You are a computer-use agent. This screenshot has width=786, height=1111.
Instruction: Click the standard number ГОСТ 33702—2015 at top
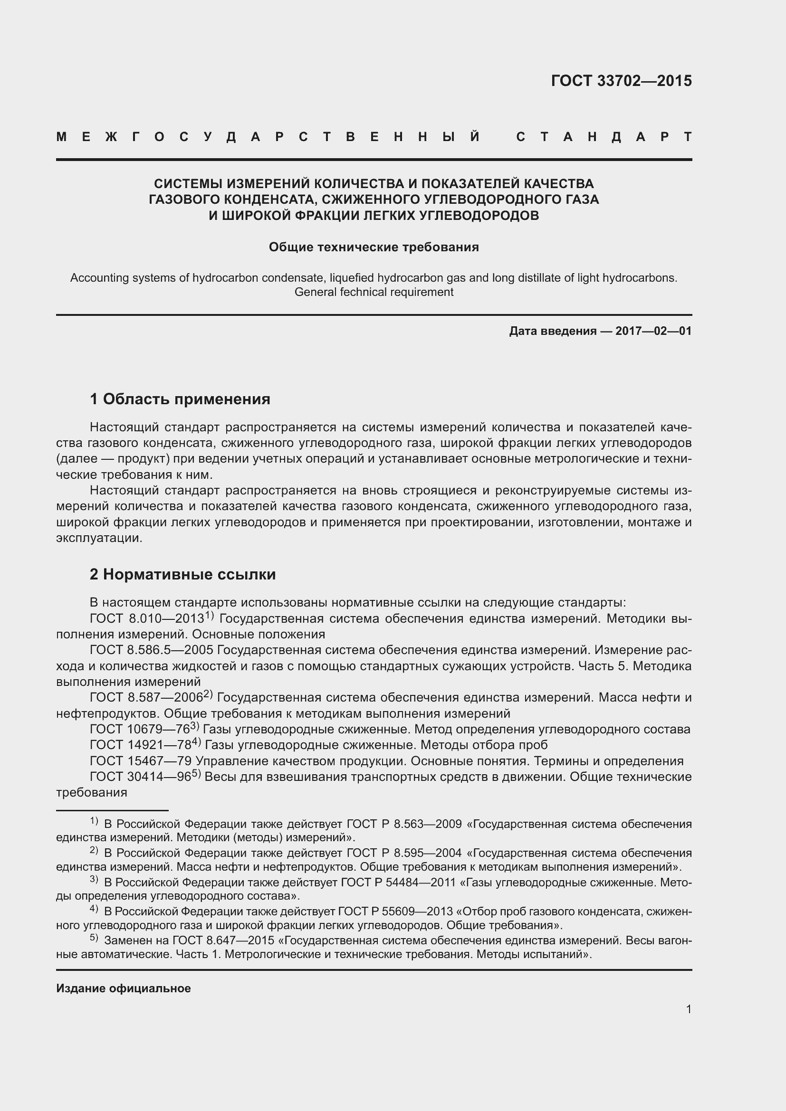tap(621, 81)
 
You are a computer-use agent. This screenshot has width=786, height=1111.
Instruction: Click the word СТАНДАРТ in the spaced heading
tap(604, 137)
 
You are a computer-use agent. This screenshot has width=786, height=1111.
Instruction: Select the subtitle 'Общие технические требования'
tap(374, 247)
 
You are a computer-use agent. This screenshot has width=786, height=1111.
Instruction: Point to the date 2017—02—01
tap(653, 331)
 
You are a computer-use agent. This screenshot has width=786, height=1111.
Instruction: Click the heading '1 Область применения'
tap(180, 399)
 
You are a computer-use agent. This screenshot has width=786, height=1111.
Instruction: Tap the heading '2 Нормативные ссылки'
tap(182, 574)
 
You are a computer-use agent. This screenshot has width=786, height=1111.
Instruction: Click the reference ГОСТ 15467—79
tap(141, 761)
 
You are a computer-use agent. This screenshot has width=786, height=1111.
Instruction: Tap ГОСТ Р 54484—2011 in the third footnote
tap(398, 883)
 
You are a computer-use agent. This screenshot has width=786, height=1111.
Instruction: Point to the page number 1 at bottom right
tap(688, 1009)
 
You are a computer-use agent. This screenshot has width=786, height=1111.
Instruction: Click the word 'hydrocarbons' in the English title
tap(644, 278)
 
